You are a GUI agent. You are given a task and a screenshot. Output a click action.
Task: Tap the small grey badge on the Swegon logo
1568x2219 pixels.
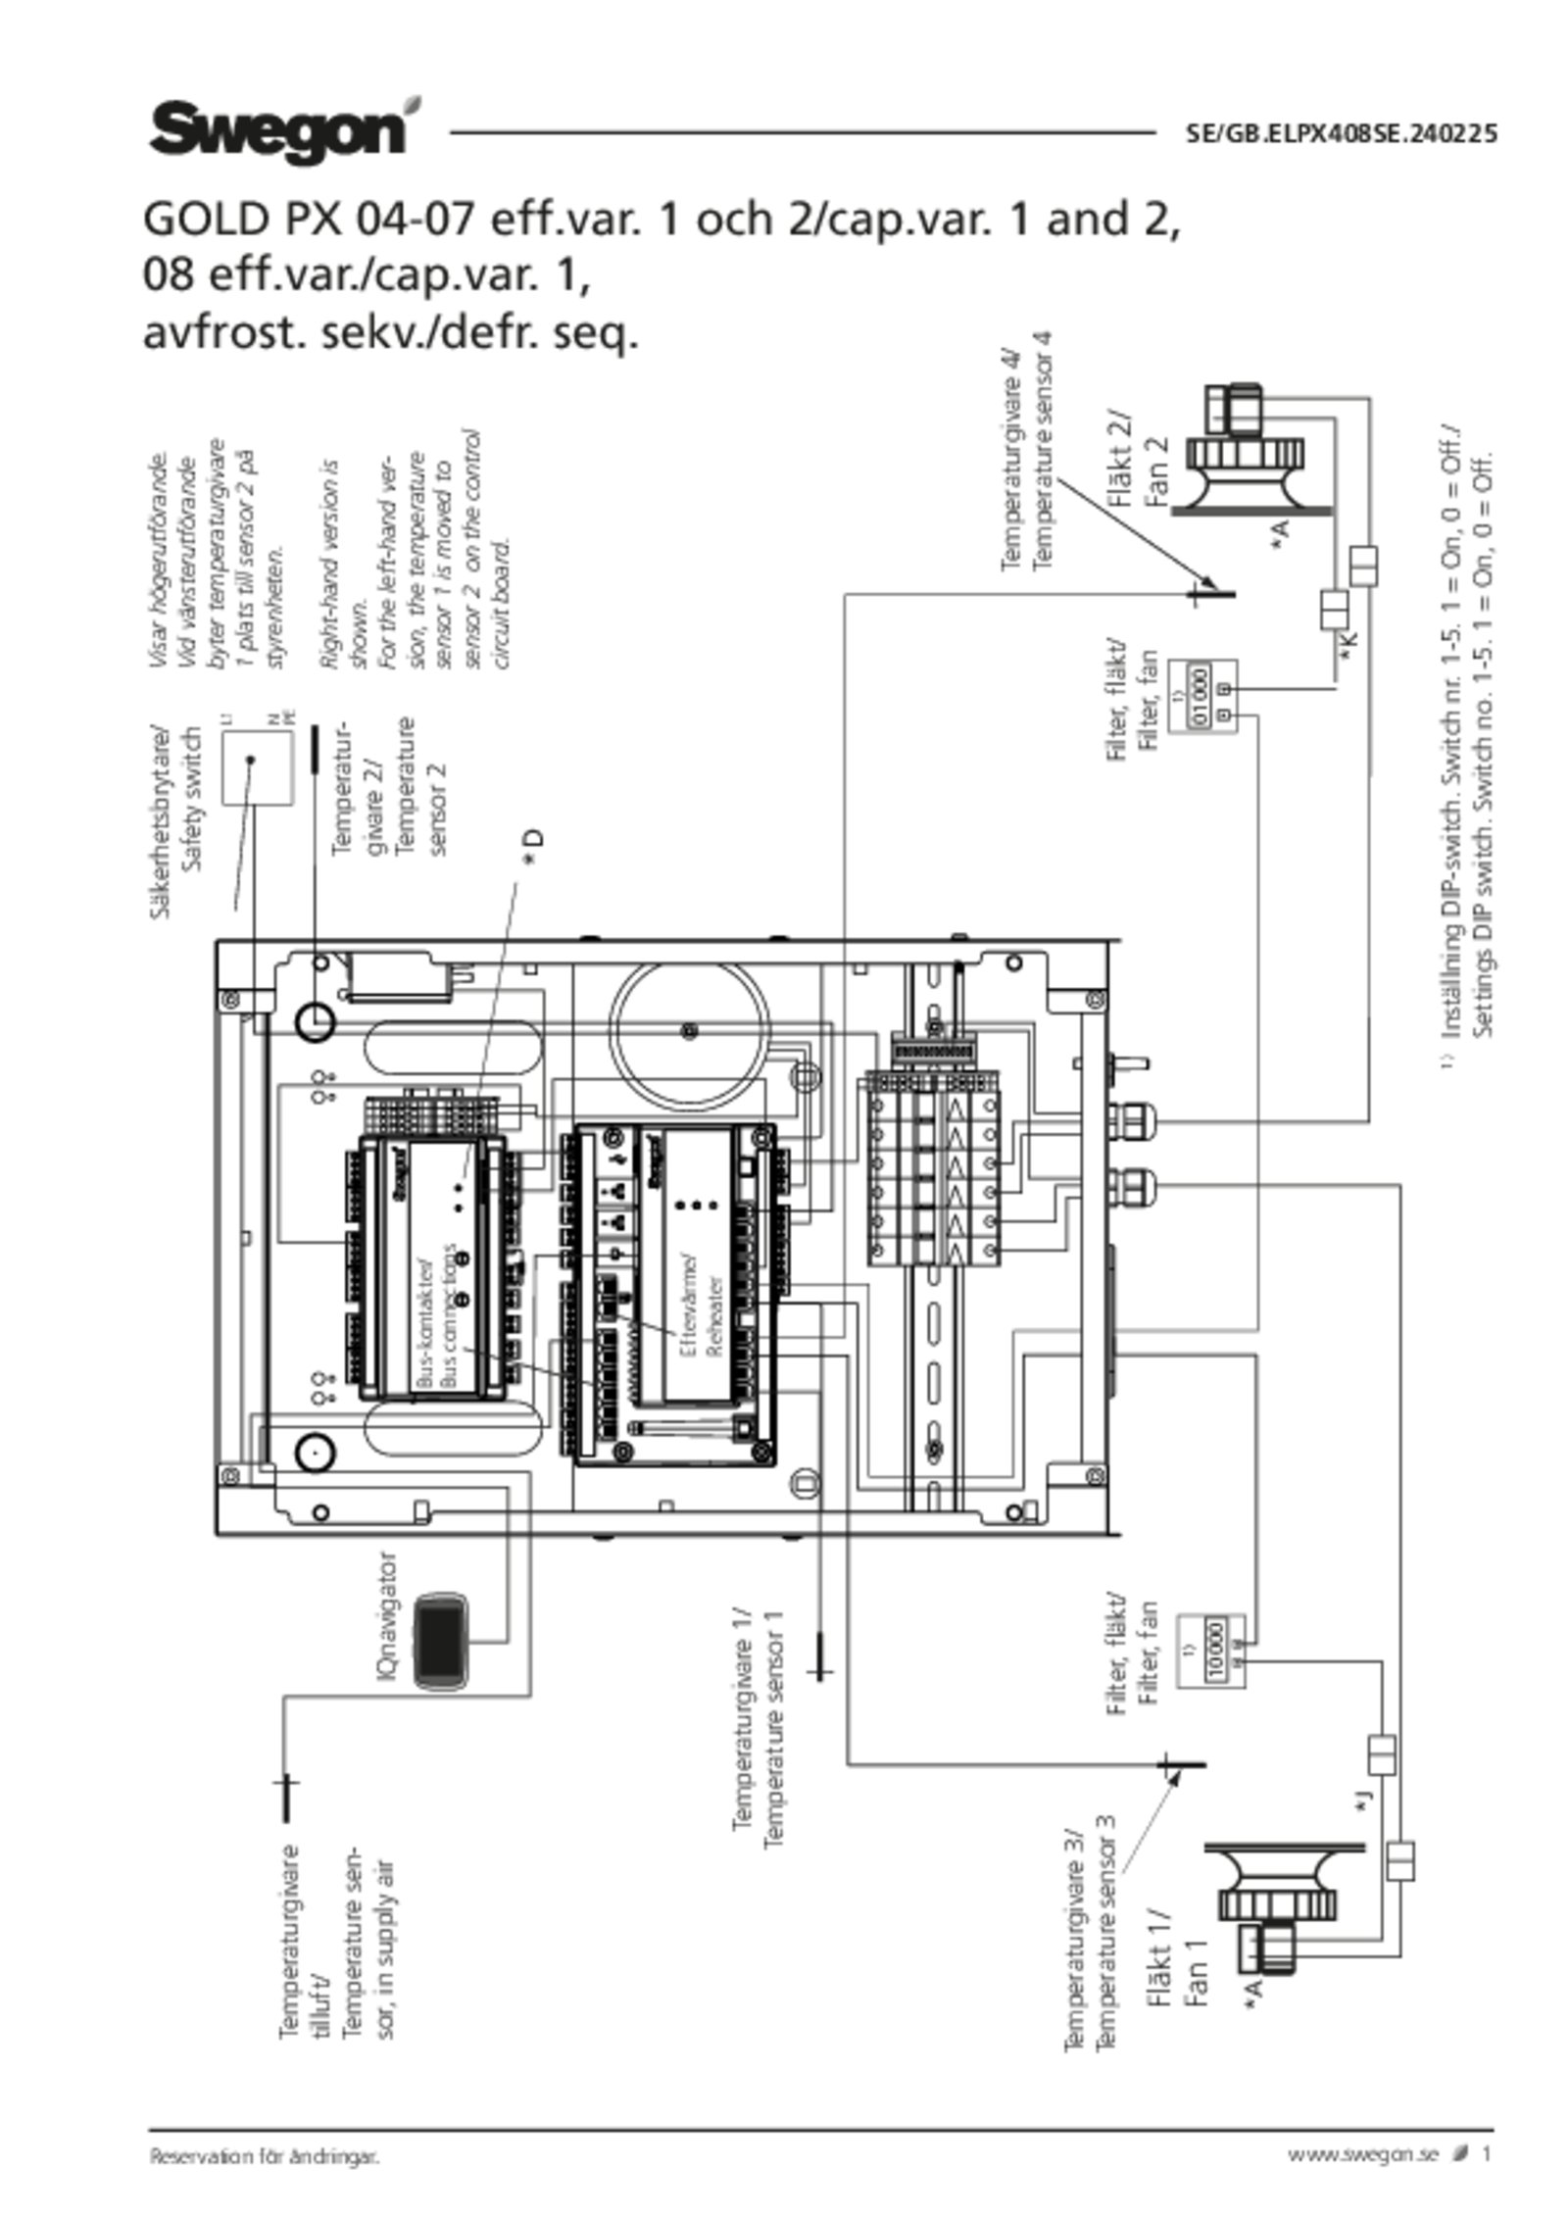pos(415,104)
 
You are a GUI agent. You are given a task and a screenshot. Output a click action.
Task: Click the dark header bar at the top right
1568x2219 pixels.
pos(1340,132)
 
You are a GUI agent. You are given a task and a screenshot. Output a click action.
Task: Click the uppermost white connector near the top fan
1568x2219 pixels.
pos(1363,567)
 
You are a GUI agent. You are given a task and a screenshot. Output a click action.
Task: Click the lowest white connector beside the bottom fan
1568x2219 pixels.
pos(1401,1861)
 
